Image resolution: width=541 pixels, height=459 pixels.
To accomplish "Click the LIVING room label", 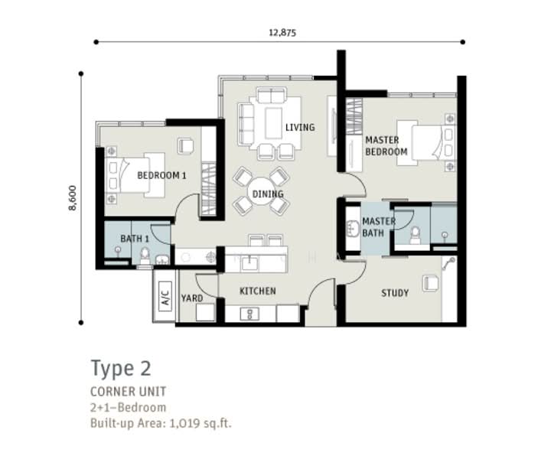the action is (x=300, y=127).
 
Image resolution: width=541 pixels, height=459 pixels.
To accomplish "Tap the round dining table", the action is (x=262, y=192).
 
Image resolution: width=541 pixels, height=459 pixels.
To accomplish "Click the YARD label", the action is (x=192, y=298).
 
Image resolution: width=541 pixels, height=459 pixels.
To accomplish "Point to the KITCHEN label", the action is (x=258, y=291).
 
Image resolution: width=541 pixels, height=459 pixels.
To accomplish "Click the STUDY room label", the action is (x=395, y=293).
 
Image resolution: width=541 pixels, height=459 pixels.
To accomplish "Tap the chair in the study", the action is (x=431, y=284).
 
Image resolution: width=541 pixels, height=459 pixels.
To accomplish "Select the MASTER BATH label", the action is (x=378, y=227).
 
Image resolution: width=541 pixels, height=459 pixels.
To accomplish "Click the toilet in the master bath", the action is (x=415, y=236).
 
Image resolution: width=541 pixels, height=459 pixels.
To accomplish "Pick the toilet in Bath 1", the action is (x=145, y=256).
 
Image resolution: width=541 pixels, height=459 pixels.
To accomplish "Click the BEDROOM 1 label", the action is (x=161, y=175).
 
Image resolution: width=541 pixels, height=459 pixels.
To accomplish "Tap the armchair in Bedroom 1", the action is (x=186, y=146).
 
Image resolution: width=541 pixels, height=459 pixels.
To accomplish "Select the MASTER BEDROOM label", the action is (x=386, y=146).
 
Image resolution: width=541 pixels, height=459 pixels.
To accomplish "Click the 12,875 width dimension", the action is (x=282, y=33).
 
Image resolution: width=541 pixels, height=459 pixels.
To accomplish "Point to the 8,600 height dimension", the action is (x=72, y=198).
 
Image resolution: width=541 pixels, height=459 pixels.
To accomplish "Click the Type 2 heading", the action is (x=121, y=369).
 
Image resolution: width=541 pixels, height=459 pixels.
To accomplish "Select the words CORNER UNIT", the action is (x=128, y=392).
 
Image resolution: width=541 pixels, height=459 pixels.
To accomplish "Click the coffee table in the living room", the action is (x=274, y=123).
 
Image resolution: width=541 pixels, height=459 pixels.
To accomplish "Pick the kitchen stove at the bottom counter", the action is (x=249, y=314).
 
